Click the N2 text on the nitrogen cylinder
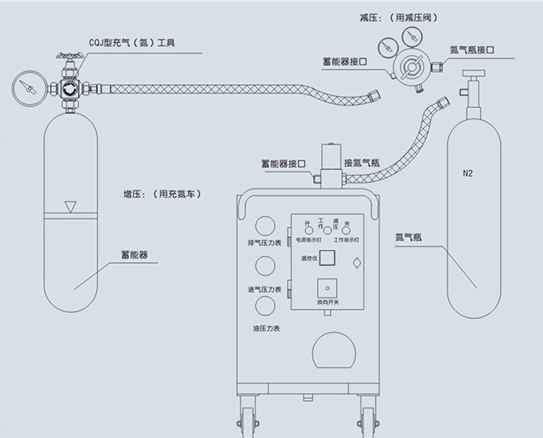click(x=467, y=173)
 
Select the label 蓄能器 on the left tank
click(x=134, y=253)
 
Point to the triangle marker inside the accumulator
click(x=71, y=206)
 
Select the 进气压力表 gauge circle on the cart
click(x=265, y=266)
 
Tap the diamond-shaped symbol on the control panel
click(x=357, y=263)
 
